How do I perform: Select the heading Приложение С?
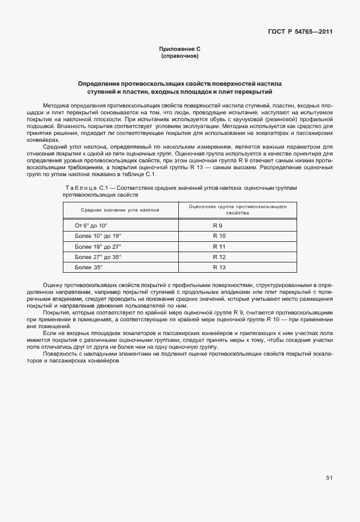click(179, 50)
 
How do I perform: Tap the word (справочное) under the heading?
click(179, 57)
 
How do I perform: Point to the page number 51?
click(329, 478)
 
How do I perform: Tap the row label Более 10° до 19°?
click(98, 236)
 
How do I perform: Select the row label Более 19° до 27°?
click(98, 246)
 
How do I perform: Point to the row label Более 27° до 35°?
click(98, 257)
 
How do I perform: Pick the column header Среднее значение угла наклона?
click(120, 210)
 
